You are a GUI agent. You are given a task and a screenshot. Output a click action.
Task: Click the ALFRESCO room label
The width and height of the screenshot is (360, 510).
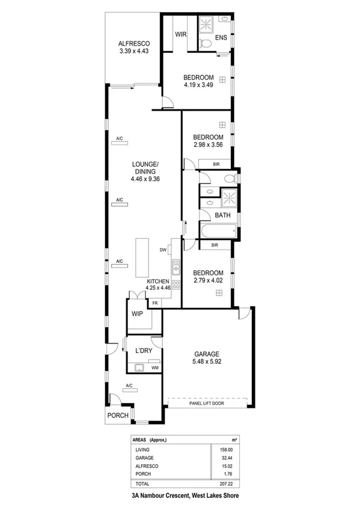[x=133, y=44]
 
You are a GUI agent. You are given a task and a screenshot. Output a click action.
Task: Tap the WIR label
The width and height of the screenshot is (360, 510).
[x=181, y=34]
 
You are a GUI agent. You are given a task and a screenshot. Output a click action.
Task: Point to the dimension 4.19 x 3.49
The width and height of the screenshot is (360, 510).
[x=198, y=85]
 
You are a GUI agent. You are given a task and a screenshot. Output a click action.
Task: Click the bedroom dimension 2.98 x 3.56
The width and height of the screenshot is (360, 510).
[x=208, y=145]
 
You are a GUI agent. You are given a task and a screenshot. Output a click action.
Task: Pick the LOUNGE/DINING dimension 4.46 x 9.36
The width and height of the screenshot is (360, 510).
[x=145, y=179]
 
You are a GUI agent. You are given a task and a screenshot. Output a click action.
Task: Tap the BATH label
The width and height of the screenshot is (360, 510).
[x=222, y=215]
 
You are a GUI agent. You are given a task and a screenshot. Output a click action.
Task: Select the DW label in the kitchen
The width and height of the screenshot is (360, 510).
[x=162, y=250]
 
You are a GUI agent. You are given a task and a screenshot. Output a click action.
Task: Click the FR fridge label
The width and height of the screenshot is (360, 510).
[x=155, y=303]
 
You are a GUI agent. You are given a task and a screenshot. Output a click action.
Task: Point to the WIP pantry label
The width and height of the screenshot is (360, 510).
[x=137, y=313]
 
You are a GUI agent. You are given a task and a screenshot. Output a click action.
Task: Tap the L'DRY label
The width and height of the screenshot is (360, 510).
[x=144, y=350]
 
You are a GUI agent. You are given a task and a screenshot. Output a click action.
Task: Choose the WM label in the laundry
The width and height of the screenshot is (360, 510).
[x=154, y=367]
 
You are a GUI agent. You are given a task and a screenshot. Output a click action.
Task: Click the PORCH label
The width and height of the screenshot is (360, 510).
[x=118, y=416]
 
